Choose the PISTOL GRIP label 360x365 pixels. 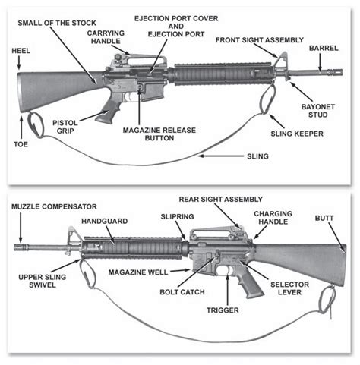[x=67, y=126]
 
